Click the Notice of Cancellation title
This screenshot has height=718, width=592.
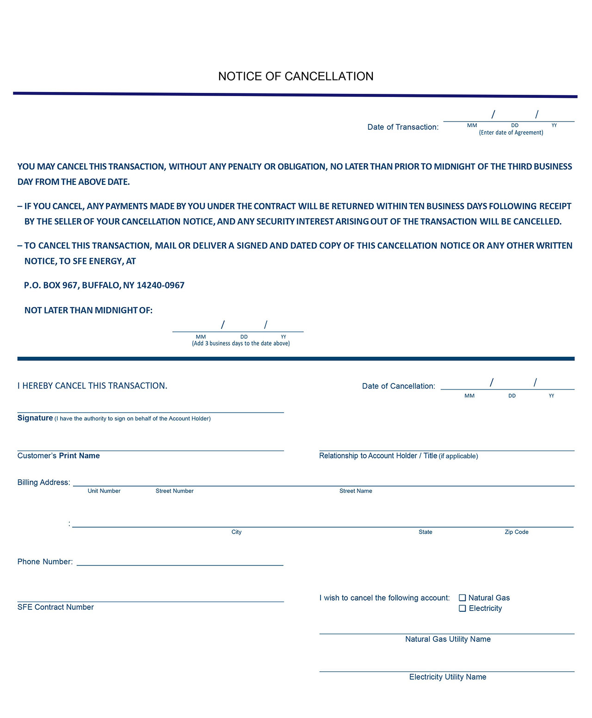[296, 76]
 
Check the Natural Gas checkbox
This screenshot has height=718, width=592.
[462, 598]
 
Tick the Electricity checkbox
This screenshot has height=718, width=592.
[462, 608]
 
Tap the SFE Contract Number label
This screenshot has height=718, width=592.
[55, 607]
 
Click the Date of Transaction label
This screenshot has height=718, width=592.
[403, 127]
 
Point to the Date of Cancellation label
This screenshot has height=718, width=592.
[398, 386]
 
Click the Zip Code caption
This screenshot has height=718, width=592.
[516, 532]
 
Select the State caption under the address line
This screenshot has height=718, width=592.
[425, 532]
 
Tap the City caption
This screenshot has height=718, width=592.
[236, 532]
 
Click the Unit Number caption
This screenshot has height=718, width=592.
[104, 491]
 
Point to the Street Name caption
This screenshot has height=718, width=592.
[356, 491]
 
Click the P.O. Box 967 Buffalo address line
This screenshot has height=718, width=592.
[104, 286]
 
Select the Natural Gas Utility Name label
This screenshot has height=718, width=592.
[448, 639]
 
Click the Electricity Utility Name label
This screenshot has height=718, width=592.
[448, 677]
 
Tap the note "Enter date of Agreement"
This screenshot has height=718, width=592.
[511, 133]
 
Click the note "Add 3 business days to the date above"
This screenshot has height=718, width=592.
[240, 344]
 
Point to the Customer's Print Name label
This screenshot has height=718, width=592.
[59, 456]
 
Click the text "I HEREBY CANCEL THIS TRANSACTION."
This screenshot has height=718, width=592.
[92, 386]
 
